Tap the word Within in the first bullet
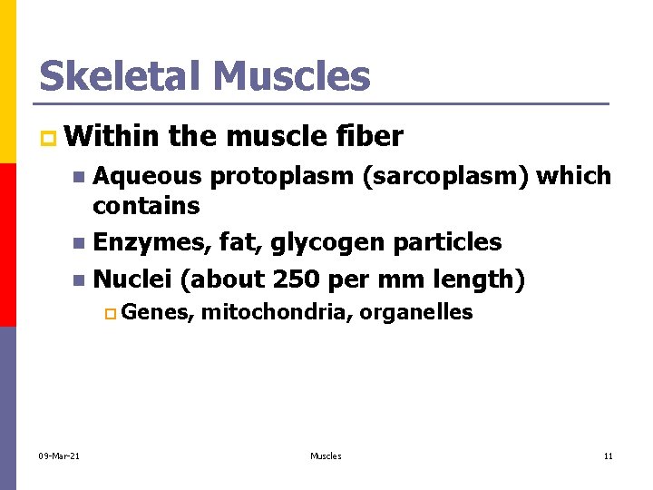113,137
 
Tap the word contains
146,206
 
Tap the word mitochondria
276,313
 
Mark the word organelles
416,314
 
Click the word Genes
156,314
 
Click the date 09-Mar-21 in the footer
60,456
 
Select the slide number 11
609,456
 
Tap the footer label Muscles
326,456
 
